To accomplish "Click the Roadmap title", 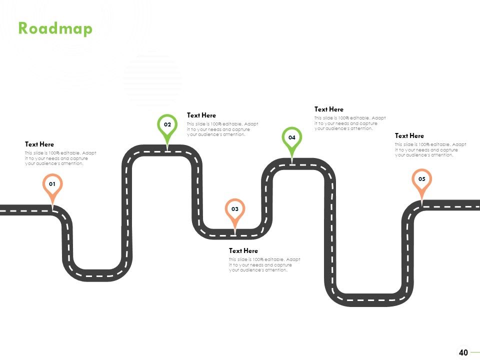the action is click(55, 29).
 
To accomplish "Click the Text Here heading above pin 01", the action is click(39, 144).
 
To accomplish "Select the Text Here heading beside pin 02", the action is click(201, 115).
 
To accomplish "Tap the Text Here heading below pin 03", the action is click(243, 250).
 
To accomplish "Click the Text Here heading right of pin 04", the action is click(329, 109).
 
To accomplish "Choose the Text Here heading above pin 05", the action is click(409, 135).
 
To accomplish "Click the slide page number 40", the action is click(463, 352).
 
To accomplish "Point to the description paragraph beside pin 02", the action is click(222, 129).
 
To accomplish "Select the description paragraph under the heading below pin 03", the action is click(264, 265).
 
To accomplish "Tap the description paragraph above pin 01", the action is click(60, 158).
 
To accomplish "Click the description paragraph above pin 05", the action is click(430, 149).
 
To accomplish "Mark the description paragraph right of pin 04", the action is click(350, 123).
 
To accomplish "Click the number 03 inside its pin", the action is click(235, 209).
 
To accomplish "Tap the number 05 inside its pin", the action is click(422, 179).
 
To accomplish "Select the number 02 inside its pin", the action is click(167, 124).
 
